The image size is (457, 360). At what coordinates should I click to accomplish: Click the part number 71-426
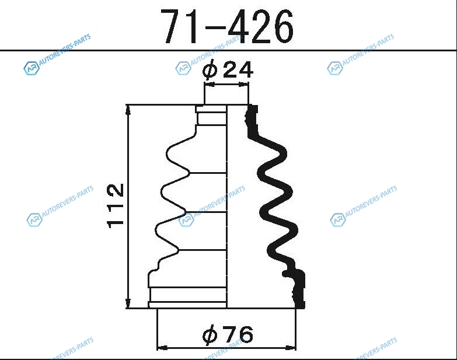point(228,27)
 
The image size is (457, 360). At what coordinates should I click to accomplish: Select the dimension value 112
point(116,206)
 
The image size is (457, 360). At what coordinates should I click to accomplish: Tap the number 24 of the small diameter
point(238,70)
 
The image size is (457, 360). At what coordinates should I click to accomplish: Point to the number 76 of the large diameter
point(238,334)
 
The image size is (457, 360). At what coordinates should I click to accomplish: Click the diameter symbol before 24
point(211,70)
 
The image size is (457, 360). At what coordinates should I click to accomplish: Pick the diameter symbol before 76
point(211,334)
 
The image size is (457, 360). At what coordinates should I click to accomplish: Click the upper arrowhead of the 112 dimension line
point(128,110)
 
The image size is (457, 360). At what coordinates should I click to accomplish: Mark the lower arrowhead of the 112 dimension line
point(128,303)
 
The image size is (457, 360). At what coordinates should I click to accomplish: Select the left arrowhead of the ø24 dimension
point(210,85)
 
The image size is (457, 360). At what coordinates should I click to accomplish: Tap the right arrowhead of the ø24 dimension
point(243,85)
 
